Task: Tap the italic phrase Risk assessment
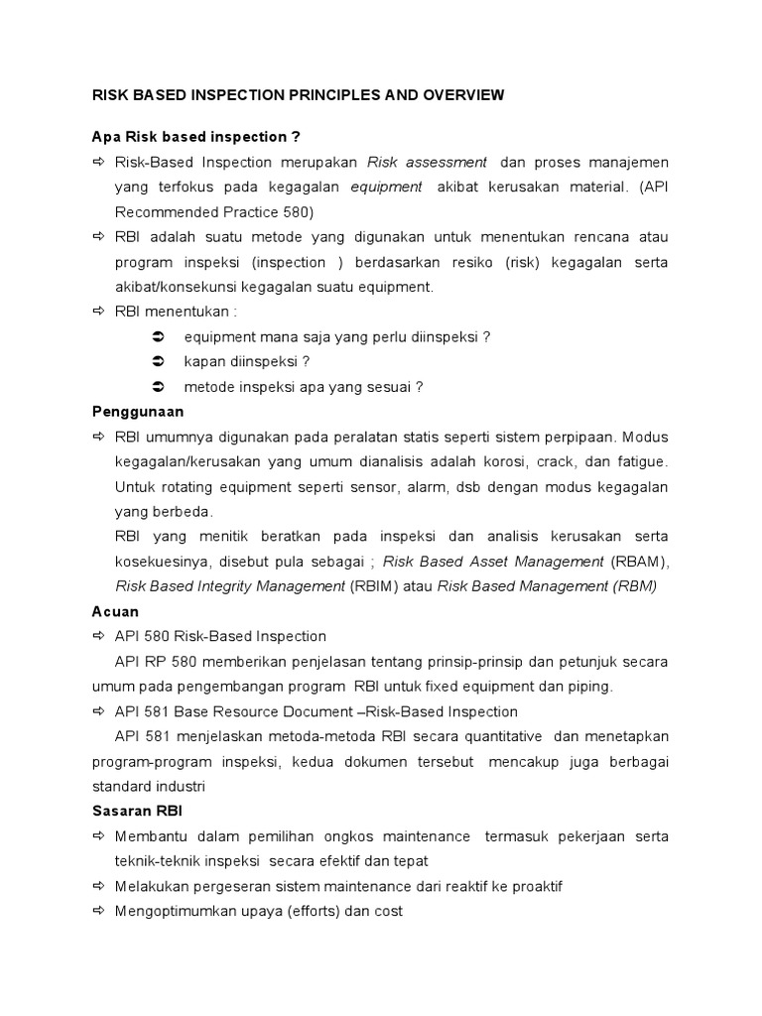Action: [x=427, y=162]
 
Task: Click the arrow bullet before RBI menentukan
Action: [x=97, y=312]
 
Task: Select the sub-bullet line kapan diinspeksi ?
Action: [x=234, y=362]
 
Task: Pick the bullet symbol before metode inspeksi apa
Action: [x=158, y=387]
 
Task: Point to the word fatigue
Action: [x=640, y=461]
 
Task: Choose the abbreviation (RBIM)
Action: [x=376, y=586]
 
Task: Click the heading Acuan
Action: [x=115, y=612]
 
